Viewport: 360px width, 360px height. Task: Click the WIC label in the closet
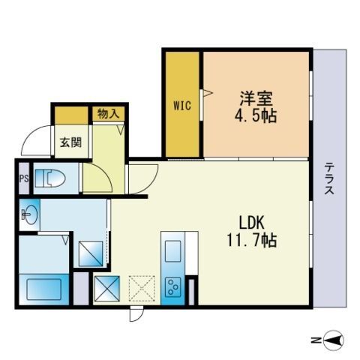coord(181,106)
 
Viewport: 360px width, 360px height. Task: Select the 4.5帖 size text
coord(256,117)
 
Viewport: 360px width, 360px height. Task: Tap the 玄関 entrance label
coord(70,142)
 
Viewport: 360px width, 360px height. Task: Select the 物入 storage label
coord(108,114)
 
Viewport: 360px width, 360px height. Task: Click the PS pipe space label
coord(24,179)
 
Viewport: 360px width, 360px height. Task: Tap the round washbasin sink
coord(29,216)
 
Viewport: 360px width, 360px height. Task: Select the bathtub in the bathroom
coord(45,288)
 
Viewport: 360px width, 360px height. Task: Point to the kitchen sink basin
coord(172,249)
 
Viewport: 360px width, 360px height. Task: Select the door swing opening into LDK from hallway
coord(141,178)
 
